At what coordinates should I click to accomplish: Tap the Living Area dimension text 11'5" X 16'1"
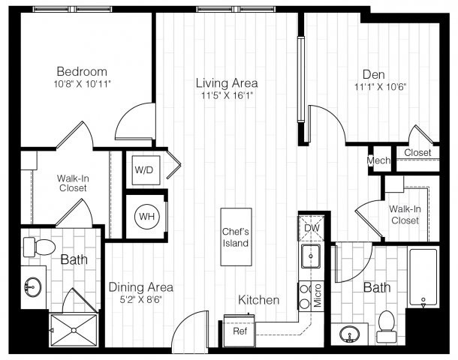(227, 95)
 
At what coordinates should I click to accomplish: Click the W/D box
(143, 169)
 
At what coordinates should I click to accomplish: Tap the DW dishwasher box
(312, 228)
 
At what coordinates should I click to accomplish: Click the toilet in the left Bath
(42, 247)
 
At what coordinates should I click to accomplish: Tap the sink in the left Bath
(34, 286)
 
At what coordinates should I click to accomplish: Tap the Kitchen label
(259, 300)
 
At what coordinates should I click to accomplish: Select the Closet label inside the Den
(417, 153)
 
